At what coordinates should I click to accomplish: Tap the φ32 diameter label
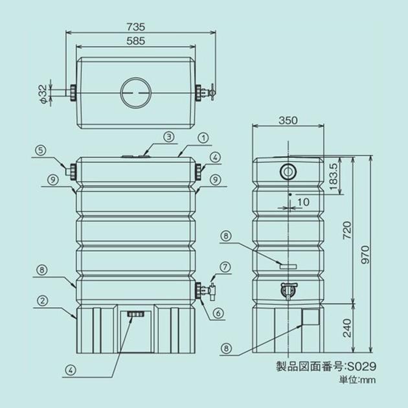click(42, 92)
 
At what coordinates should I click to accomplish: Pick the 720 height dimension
click(347, 229)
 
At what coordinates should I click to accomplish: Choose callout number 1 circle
click(202, 137)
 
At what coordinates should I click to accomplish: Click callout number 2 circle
click(41, 300)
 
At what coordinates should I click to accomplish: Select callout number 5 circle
click(40, 150)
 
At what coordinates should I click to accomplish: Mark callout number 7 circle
click(225, 266)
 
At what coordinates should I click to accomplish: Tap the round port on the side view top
click(287, 171)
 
